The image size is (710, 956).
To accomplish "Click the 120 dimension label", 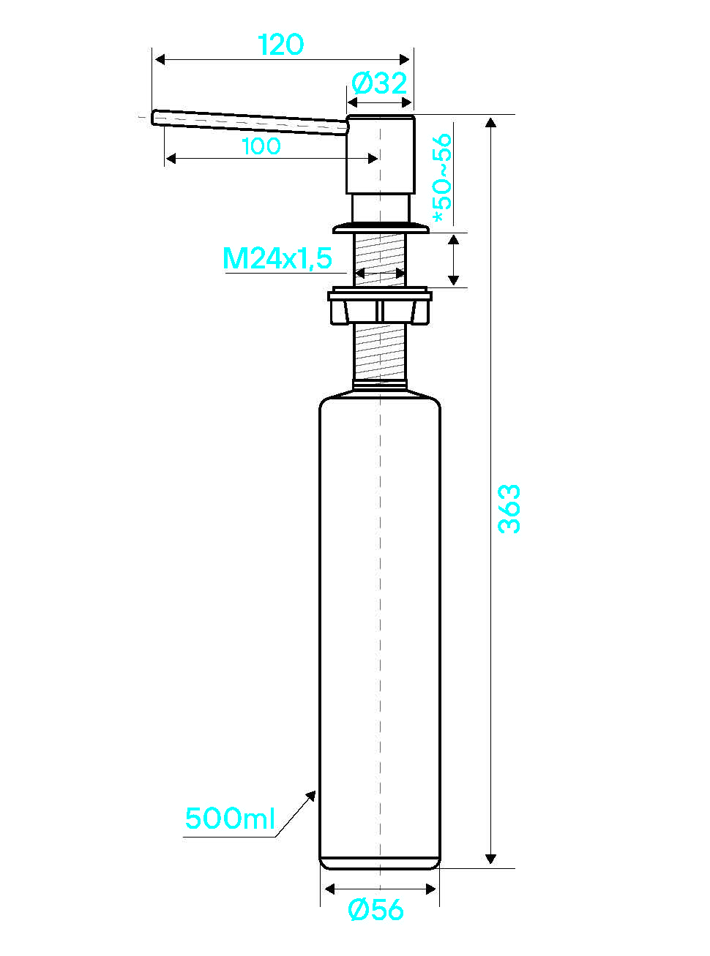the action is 281,45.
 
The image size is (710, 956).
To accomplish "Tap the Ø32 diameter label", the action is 379,83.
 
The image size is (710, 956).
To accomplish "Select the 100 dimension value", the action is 261,146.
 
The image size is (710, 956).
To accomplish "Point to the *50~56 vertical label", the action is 442,178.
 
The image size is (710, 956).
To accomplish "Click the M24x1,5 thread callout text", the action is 277,259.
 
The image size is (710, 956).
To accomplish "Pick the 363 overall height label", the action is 509,509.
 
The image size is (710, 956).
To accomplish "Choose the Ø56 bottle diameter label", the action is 375,910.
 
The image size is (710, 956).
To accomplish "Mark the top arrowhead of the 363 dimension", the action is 490,123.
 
